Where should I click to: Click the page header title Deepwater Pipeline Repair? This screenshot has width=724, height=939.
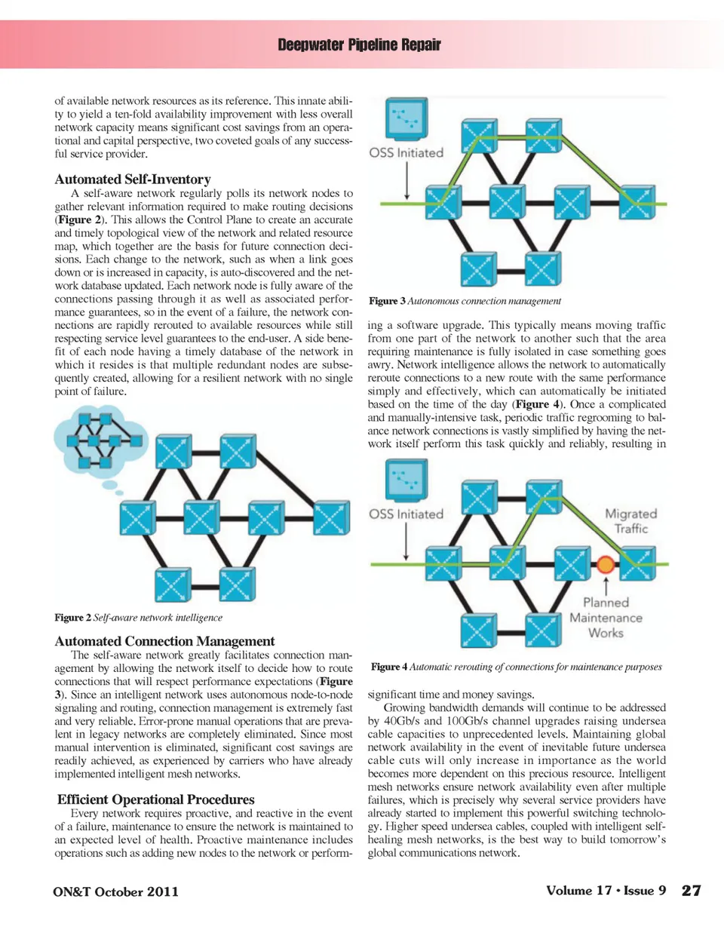coord(359,44)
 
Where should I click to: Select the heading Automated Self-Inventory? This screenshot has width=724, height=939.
coord(133,180)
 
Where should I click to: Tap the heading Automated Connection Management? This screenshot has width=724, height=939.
coord(164,641)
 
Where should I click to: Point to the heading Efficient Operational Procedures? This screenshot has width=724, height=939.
coord(156,799)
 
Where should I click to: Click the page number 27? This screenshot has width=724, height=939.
coord(691,891)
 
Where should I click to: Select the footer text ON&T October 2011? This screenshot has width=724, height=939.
coord(116,891)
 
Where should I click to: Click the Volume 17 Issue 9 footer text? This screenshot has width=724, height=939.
coord(606,891)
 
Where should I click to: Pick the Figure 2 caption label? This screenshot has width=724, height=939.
coord(72,618)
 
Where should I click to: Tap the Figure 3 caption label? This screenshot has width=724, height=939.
coord(387,301)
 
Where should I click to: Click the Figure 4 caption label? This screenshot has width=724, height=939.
coord(389,667)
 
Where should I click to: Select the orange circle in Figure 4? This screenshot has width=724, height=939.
coord(605,564)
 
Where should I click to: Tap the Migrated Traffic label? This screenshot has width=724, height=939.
coord(631,521)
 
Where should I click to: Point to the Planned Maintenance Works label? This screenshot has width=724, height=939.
coord(606,618)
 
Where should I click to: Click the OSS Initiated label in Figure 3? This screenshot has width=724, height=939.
coord(406,153)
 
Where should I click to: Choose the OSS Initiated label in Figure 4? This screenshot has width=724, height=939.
coord(406,514)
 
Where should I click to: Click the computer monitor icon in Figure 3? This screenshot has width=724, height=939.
coord(406,119)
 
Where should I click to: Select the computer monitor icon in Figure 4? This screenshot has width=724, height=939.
coord(406,480)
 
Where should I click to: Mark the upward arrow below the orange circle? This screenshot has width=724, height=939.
coord(606,585)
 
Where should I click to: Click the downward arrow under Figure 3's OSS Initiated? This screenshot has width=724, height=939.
coord(406,181)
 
